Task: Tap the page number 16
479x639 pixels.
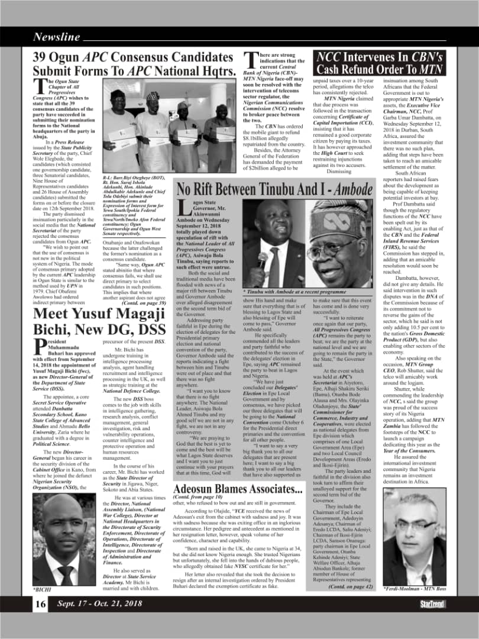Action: point(40,603)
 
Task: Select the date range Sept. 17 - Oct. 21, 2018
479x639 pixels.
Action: point(99,603)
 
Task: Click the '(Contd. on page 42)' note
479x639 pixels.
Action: point(351,586)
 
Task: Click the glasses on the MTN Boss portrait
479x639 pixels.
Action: point(419,524)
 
